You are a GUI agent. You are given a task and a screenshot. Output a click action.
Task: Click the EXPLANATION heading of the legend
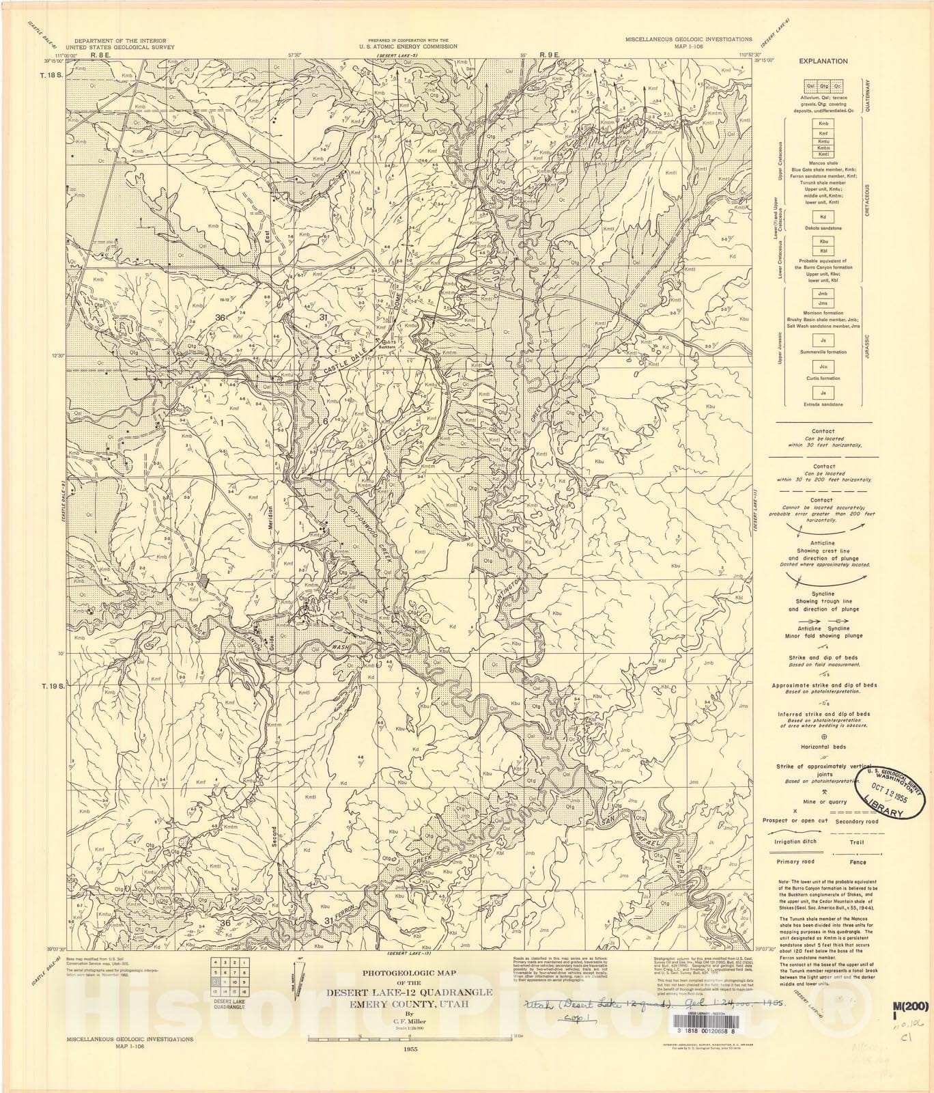click(x=823, y=61)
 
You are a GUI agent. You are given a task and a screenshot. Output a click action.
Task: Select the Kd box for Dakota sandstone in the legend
click(x=823, y=217)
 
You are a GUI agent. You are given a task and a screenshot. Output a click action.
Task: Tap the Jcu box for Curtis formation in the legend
click(x=823, y=367)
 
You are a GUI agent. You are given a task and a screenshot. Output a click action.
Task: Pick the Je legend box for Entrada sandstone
click(x=823, y=393)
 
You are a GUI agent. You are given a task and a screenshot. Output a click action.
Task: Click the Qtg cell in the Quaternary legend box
click(x=823, y=87)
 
